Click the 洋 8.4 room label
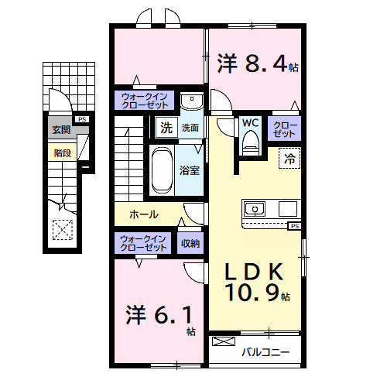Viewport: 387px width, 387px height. click(256, 64)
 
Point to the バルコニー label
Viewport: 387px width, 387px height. click(265, 352)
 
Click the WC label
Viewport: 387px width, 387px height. click(249, 122)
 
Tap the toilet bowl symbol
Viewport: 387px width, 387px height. click(249, 140)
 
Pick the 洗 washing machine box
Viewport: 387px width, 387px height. click(166, 127)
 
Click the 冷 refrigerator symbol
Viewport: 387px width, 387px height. click(288, 158)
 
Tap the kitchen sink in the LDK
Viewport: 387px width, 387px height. click(255, 209)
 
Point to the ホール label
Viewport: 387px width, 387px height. click(145, 214)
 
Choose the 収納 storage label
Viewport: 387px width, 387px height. click(190, 243)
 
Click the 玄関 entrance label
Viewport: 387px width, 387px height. click(61, 130)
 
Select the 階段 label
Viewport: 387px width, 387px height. click(63, 152)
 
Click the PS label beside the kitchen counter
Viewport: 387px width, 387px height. click(294, 226)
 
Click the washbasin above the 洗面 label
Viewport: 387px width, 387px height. click(190, 104)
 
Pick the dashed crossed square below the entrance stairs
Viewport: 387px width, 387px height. click(60, 230)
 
